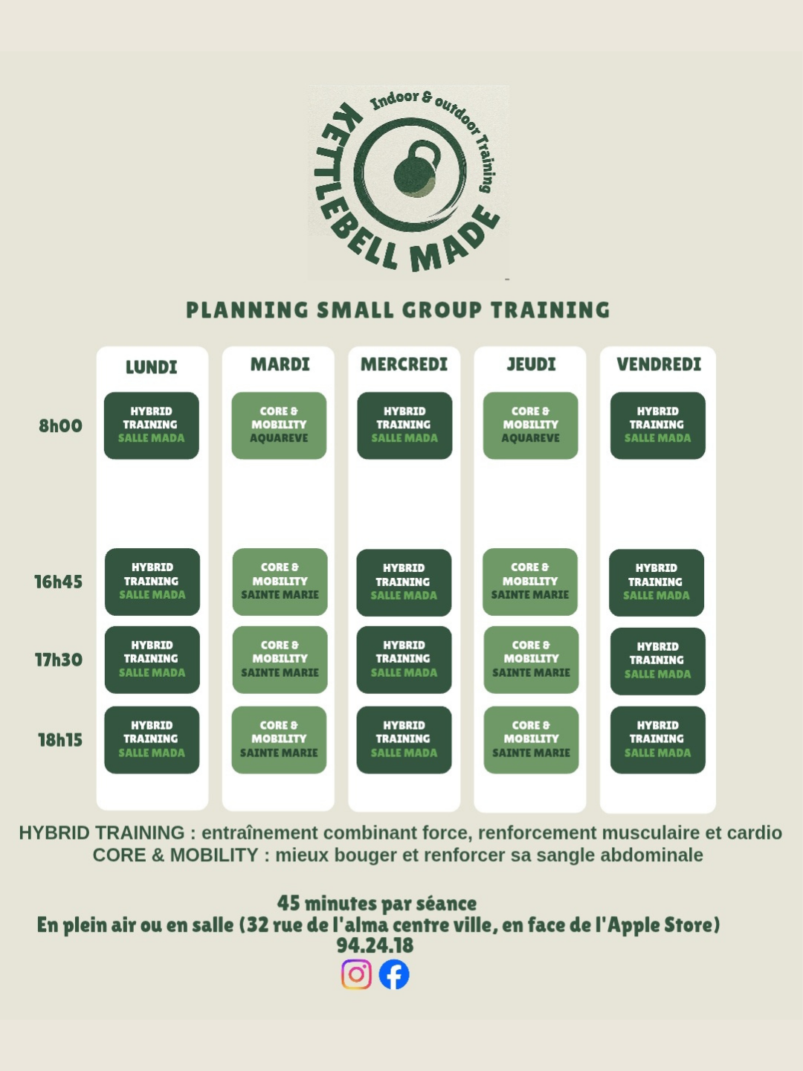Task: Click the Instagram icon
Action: point(356,974)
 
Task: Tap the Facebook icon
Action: point(394,974)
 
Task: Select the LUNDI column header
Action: point(151,367)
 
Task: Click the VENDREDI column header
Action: point(659,364)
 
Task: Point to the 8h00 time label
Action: point(60,425)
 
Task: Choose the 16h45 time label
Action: point(59,582)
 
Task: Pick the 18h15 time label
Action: point(60,740)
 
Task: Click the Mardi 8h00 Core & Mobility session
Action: point(279,425)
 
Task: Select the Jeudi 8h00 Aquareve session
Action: point(530,425)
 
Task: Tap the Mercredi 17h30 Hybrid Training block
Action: point(404,660)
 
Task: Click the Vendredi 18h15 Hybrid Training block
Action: point(658,740)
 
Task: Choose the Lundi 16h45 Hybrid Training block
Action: point(152,582)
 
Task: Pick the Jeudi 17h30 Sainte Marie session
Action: point(531,660)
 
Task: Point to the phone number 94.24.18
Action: point(375,945)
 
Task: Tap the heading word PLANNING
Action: point(247,310)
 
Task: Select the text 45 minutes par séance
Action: point(377,903)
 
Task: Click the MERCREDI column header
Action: point(404,364)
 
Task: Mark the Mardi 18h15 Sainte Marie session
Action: point(279,740)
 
